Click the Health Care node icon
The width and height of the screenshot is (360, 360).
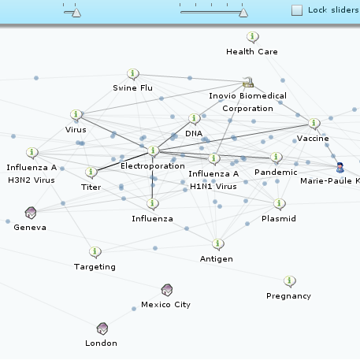[x=253, y=37]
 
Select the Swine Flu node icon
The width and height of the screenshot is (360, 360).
[x=133, y=74]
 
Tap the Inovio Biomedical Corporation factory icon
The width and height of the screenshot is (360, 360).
[x=248, y=82]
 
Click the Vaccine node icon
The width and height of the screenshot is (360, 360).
[x=314, y=124]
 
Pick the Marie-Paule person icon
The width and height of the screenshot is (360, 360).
[x=340, y=168]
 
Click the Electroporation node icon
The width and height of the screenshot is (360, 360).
[x=154, y=151]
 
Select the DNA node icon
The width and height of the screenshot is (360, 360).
[x=195, y=119]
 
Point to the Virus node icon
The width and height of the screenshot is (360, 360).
[x=76, y=115]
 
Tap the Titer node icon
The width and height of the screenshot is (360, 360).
[x=91, y=173]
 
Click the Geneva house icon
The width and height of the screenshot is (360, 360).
[x=31, y=213]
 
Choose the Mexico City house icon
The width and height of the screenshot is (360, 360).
[x=167, y=290]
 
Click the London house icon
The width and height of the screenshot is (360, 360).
[x=102, y=328]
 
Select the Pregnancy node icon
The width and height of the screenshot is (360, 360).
[x=290, y=281]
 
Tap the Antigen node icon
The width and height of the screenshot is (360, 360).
[x=217, y=244]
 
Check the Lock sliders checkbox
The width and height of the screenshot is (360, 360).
[x=297, y=10]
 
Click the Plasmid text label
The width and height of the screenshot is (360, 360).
[x=279, y=219]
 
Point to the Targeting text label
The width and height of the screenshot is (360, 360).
[x=95, y=267]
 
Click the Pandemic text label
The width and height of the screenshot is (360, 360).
[x=276, y=173]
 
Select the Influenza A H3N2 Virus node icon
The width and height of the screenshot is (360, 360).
[x=32, y=153]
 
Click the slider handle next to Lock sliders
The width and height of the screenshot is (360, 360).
[x=243, y=13]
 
